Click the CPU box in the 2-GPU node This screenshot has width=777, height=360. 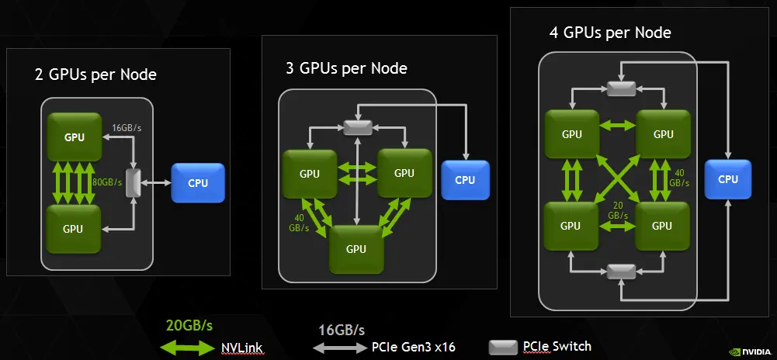coord(198,184)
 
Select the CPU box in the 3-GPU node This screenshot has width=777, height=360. coord(465,180)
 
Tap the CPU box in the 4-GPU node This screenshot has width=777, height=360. coord(728,179)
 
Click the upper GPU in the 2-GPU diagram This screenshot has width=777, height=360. coord(75,137)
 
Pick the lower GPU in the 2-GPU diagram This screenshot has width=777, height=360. coord(73,229)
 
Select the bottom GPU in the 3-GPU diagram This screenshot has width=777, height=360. coord(356,248)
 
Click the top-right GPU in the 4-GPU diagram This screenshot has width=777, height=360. coord(663,134)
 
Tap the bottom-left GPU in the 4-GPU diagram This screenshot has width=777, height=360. coord(571,226)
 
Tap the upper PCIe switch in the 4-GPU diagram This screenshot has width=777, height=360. coord(621,89)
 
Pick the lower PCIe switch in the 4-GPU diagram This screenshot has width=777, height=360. coord(621,271)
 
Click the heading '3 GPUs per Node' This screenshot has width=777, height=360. coord(346,68)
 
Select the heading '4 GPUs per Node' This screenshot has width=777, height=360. coord(609,33)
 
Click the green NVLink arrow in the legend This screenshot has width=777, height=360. coord(186,347)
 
